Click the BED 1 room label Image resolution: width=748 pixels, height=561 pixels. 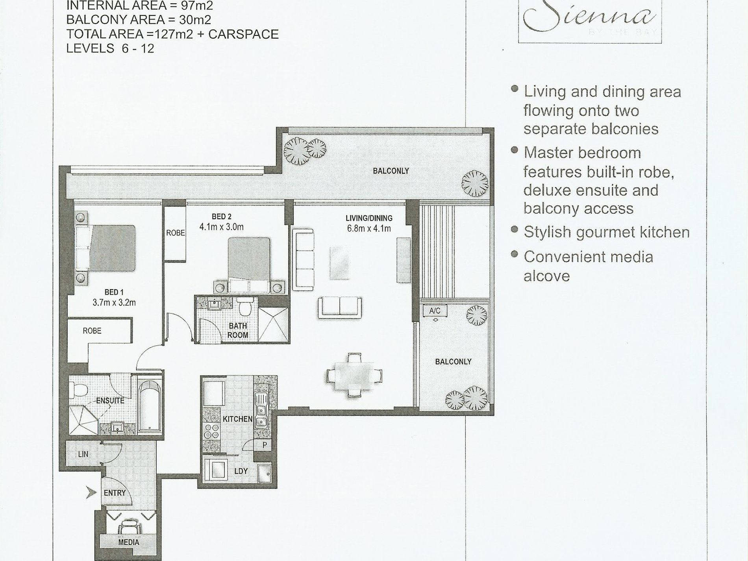click(x=114, y=292)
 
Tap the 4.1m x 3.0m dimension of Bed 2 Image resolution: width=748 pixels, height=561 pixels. click(x=221, y=227)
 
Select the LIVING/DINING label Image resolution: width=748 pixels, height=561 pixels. click(x=369, y=218)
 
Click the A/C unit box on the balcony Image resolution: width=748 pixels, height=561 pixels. click(x=435, y=311)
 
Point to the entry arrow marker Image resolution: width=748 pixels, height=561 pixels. click(x=91, y=492)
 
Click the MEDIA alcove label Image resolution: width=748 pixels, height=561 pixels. click(x=128, y=542)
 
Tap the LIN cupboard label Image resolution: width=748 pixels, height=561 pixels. click(x=83, y=454)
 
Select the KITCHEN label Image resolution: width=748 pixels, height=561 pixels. click(x=237, y=419)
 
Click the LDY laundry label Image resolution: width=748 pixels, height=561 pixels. click(x=241, y=471)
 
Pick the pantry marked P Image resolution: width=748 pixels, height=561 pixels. click(x=265, y=445)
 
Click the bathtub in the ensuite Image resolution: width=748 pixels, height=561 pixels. click(x=150, y=405)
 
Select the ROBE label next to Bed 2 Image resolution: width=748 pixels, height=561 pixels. click(x=175, y=233)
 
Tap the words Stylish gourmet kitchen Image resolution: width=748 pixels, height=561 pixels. click(x=606, y=232)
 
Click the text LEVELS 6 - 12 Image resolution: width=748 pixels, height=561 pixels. click(x=110, y=48)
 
